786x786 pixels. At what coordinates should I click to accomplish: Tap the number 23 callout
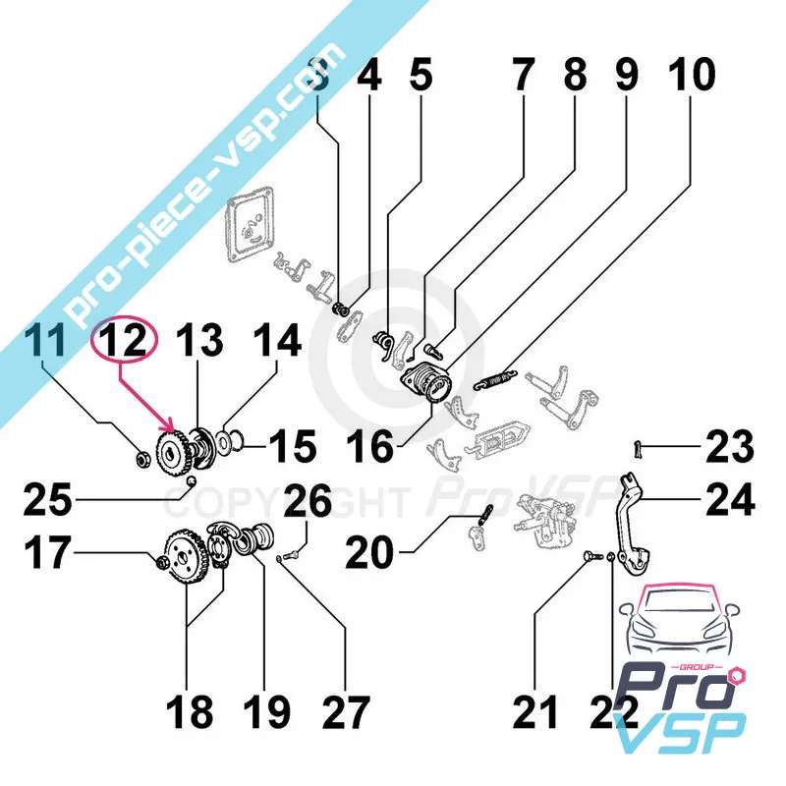coord(729,448)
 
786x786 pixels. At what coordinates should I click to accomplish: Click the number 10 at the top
coord(692,76)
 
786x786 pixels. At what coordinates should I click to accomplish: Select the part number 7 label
coord(523,76)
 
